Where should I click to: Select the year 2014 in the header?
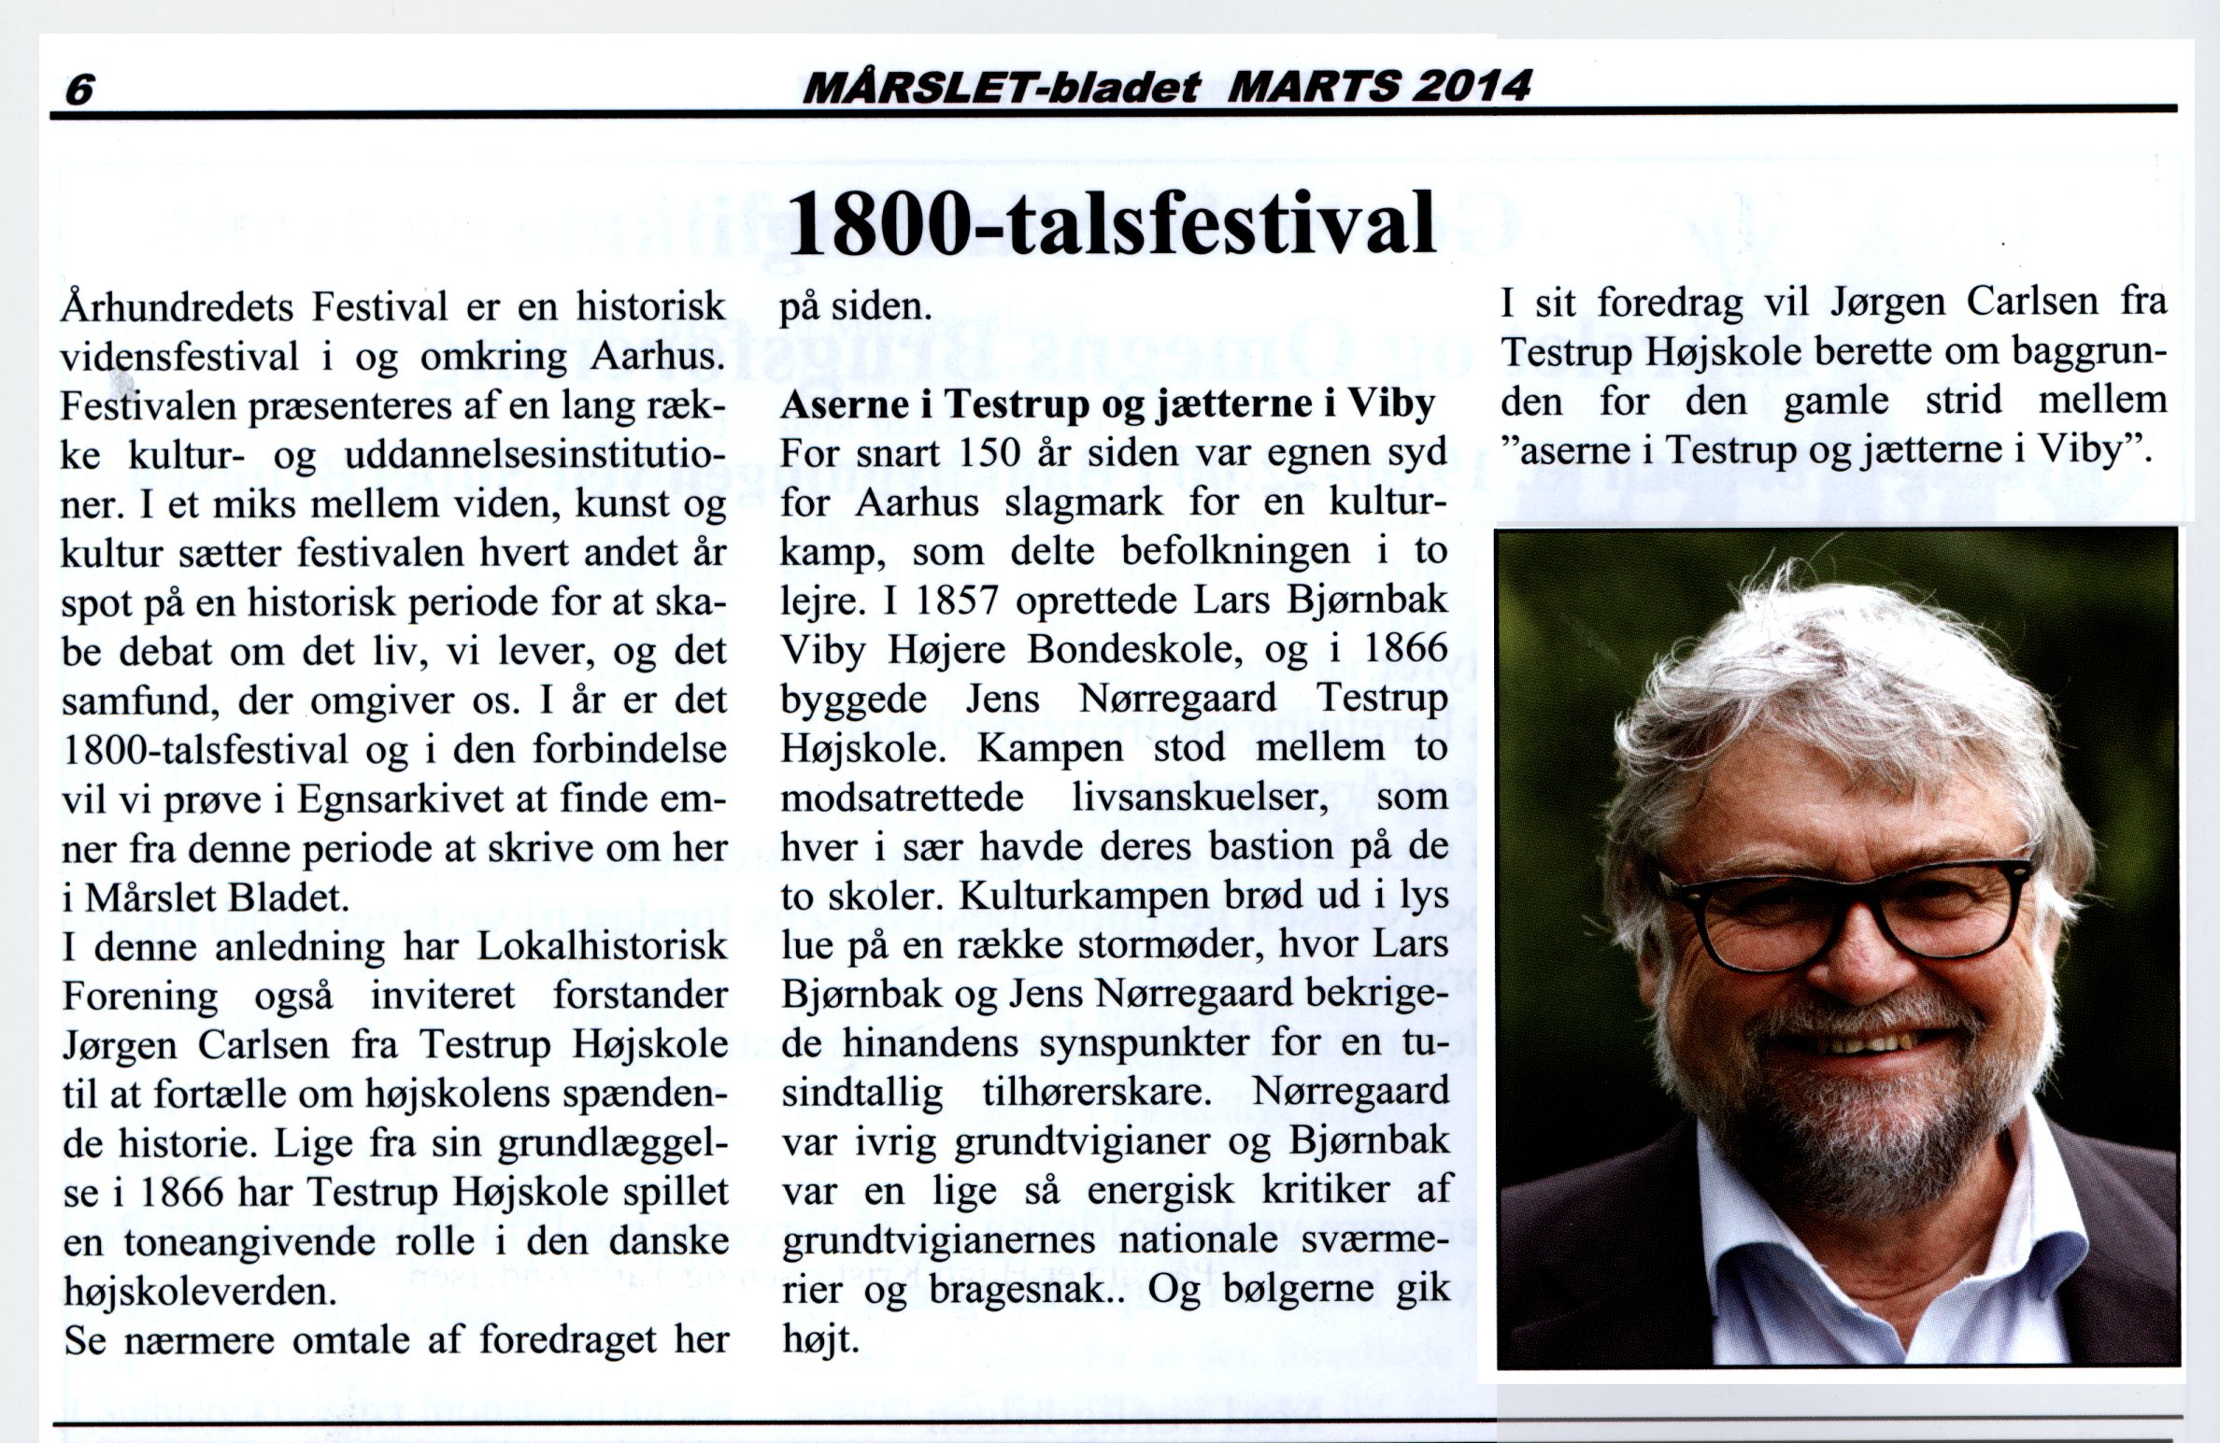pos(1472,86)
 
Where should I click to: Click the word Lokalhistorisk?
pos(602,946)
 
